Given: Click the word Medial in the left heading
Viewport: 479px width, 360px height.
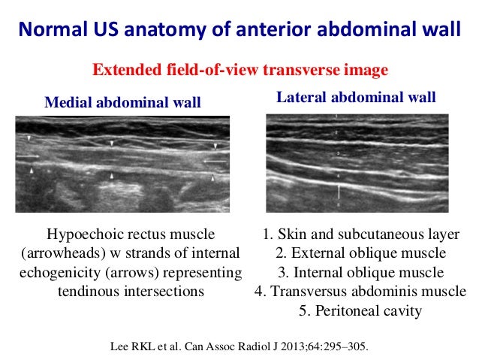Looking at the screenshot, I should (67, 102).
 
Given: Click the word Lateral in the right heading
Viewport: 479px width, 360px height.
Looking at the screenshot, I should (299, 98).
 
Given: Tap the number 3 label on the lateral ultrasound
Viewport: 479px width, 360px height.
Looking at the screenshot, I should (339, 153).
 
